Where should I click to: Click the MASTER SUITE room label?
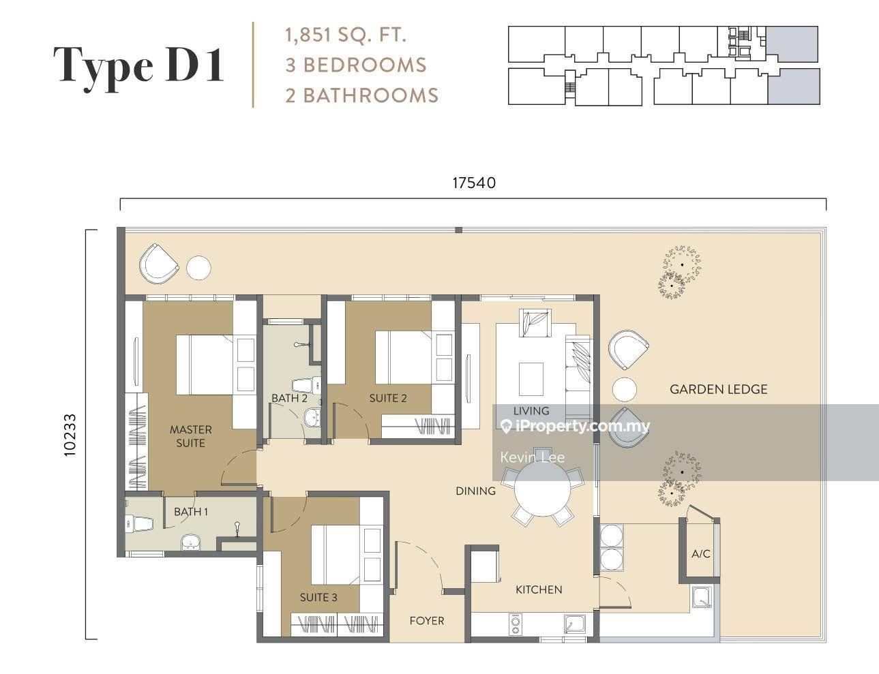190,436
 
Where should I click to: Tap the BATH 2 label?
289,398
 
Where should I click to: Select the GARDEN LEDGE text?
718,389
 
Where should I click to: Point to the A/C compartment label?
701,553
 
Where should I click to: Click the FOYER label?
427,620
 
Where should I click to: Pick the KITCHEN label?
539,589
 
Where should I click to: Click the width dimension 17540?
473,183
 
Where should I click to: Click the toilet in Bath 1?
140,523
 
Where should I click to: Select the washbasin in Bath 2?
312,417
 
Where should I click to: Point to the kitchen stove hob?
516,624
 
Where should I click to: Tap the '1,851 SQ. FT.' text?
346,35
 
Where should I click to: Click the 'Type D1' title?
139,66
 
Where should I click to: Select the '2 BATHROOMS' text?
361,95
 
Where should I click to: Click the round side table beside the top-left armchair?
199,268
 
